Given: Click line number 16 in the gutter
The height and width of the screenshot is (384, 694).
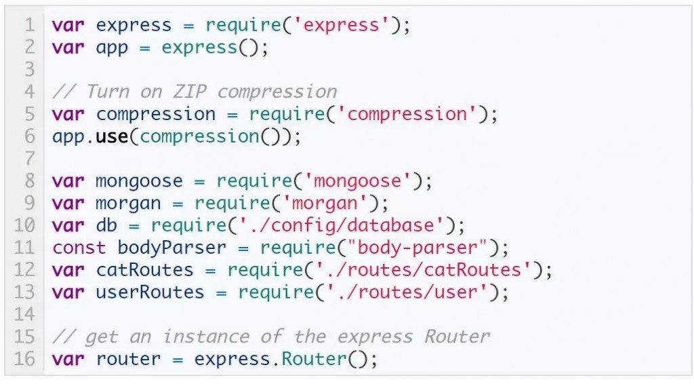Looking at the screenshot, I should click(x=24, y=358).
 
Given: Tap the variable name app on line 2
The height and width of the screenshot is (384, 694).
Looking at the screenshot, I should click(x=113, y=48).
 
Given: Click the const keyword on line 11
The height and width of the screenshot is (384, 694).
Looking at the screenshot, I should click(x=79, y=248).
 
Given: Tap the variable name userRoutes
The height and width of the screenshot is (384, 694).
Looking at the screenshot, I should click(x=150, y=292).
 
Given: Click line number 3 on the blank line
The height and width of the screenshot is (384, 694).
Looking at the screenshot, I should click(x=29, y=70).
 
